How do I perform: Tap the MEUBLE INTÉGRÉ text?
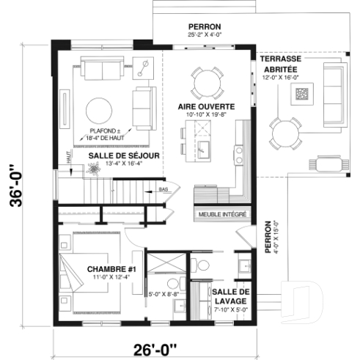click(x=221, y=215)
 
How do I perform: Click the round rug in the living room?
click(x=102, y=111)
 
